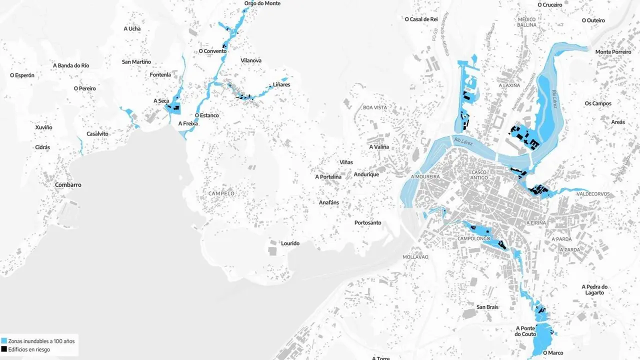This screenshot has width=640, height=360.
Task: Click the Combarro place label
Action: tap(68, 185)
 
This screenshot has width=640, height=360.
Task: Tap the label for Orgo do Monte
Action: tap(262, 3)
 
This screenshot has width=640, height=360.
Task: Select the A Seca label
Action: tap(161, 101)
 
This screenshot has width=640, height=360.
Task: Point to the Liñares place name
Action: tap(281, 84)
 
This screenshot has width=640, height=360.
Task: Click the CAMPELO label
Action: tap(221, 193)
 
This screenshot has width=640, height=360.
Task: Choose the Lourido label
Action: tap(290, 243)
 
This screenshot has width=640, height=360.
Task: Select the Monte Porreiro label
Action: tap(613, 52)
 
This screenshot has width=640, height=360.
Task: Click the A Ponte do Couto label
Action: tap(525, 331)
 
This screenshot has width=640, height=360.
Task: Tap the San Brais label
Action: tap(487, 307)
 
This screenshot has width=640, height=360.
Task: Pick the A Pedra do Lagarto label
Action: tap(594, 289)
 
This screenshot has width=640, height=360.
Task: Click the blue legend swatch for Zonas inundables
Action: tap(4, 341)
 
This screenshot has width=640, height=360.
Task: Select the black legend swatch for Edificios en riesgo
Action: tap(4, 349)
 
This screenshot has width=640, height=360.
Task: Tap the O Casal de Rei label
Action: tap(421, 19)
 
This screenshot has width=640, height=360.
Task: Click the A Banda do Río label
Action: tap(71, 65)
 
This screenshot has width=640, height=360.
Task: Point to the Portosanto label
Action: tap(367, 222)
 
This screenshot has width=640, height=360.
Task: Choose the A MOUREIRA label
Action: tap(425, 176)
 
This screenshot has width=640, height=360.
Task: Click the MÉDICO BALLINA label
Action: tap(526, 22)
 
